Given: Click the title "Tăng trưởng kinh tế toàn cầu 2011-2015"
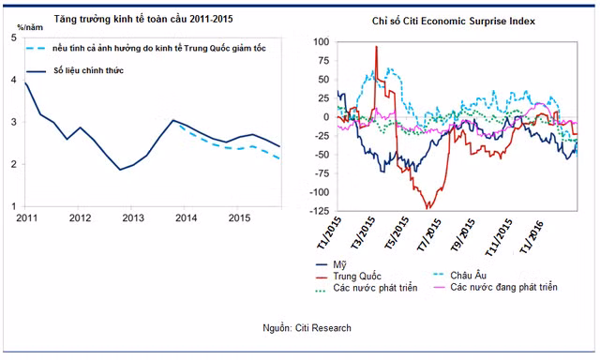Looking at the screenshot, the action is coord(143,19).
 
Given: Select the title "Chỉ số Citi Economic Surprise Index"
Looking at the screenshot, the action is coord(454,21).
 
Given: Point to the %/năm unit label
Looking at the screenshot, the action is coord(30,27).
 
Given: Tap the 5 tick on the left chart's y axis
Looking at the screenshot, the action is coord(14,37).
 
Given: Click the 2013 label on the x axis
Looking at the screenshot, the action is coord(133,218).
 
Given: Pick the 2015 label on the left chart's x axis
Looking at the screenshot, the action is coord(240,218).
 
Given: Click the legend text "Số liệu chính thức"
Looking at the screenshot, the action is coord(88,70).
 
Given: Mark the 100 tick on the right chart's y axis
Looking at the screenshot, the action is coord(321,41).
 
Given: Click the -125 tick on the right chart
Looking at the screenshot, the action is coord(320,211).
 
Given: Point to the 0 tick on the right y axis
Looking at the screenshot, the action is coord(326,117).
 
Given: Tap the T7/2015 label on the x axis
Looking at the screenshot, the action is coord(428,234).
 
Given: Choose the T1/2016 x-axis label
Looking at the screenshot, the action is coord(531,237).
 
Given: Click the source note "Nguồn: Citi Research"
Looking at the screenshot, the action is coord(307,328).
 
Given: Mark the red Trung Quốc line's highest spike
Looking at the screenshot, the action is coord(376,47).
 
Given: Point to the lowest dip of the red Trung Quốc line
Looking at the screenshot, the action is coord(427,208).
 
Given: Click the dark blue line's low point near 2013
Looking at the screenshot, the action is coord(120,170).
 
